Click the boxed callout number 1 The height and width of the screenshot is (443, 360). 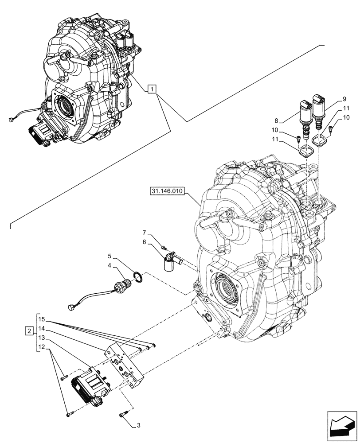tap(152, 90)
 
